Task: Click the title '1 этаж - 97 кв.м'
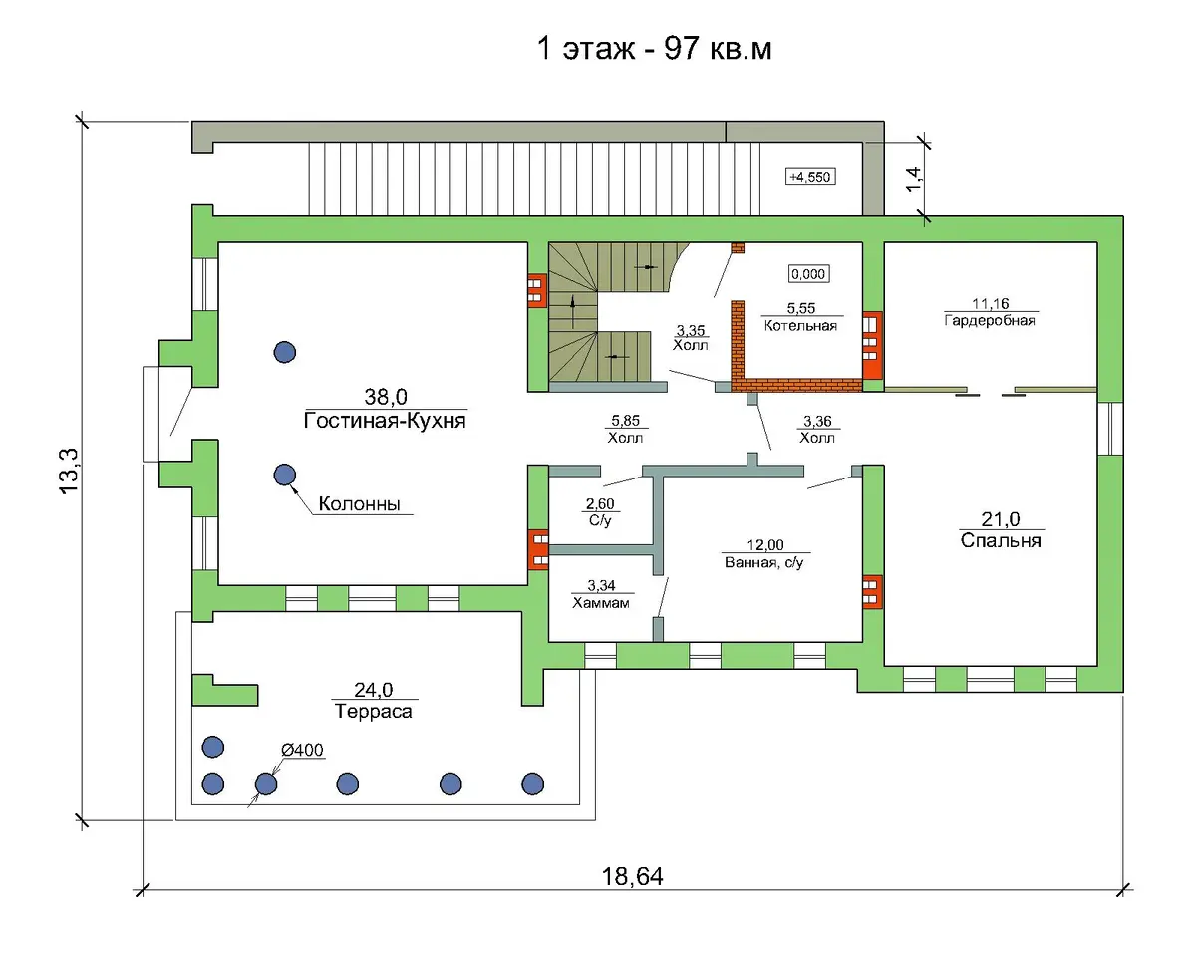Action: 654,49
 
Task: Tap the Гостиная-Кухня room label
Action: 385,421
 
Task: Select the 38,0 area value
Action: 386,397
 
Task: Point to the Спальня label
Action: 1001,540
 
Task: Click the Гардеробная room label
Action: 990,320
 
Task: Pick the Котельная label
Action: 800,325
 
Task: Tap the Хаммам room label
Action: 601,603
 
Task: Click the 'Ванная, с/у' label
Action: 764,562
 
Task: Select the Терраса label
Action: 374,711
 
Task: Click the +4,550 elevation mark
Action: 810,177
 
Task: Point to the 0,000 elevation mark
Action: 808,274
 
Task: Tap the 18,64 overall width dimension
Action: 633,877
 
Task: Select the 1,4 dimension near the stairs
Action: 913,179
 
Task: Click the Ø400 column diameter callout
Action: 302,750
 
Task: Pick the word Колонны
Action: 359,503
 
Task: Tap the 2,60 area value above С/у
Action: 600,503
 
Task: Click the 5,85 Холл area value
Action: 625,421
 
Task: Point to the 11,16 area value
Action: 991,304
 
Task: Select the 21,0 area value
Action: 1001,518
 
